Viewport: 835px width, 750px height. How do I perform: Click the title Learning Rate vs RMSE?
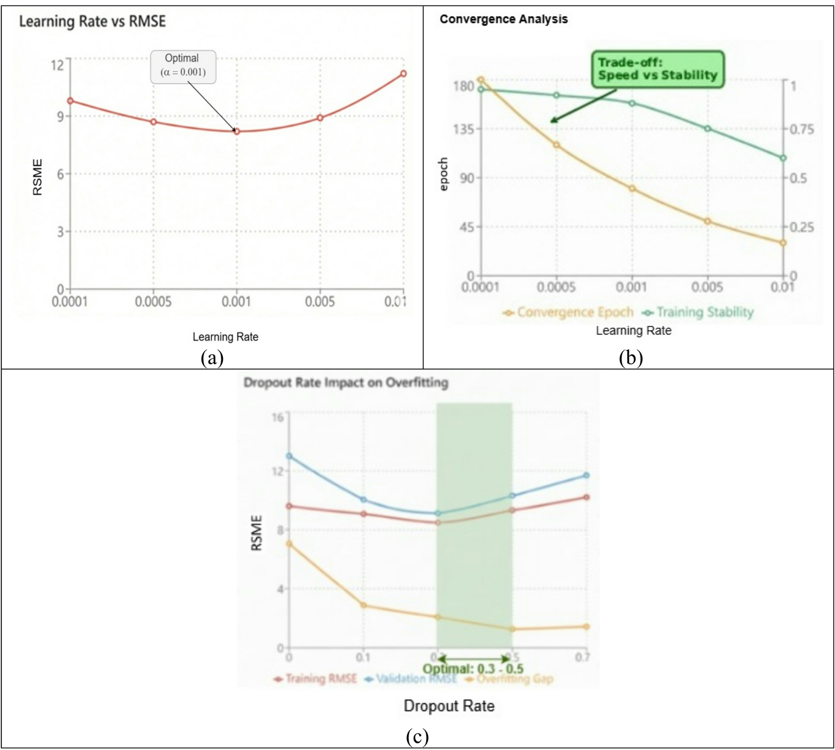click(x=92, y=21)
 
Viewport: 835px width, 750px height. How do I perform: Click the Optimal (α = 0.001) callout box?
click(x=183, y=67)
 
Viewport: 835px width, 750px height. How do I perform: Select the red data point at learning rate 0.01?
click(x=403, y=74)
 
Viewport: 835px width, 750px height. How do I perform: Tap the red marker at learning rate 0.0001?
click(x=70, y=101)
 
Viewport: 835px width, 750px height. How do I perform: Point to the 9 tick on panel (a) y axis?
click(x=61, y=116)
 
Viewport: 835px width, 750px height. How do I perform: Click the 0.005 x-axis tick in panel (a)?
click(x=320, y=302)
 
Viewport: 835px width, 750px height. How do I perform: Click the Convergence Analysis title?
click(x=504, y=19)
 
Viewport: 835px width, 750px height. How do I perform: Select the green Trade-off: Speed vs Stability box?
click(x=657, y=69)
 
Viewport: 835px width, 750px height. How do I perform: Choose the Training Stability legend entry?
click(x=698, y=312)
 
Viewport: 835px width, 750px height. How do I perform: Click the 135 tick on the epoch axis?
click(x=464, y=128)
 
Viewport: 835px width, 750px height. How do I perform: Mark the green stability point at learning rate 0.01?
click(x=783, y=158)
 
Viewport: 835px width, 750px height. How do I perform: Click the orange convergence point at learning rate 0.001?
click(x=632, y=188)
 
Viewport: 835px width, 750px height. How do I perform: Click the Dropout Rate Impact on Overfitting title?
click(x=346, y=383)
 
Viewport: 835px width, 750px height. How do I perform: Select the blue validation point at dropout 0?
click(x=289, y=456)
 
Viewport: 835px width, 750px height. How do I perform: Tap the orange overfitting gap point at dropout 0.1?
click(x=363, y=605)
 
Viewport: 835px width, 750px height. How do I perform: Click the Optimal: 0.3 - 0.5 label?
click(x=473, y=669)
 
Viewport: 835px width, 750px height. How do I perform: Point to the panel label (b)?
click(x=631, y=358)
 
